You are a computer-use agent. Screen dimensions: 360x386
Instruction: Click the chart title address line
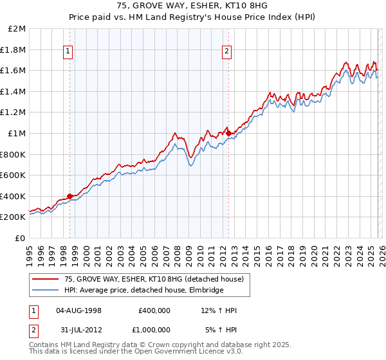tap(194, 6)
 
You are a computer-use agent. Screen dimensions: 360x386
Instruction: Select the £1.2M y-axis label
tap(14, 113)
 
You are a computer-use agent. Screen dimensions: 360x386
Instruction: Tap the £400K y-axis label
tap(14, 196)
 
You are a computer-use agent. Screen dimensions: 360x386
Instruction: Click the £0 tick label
tap(20, 238)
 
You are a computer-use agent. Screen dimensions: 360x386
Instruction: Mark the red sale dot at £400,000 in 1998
tap(69, 196)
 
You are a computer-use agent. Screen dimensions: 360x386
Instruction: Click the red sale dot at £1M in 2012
tap(228, 134)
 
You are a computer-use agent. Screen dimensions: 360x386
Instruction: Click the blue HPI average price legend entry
tap(143, 291)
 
